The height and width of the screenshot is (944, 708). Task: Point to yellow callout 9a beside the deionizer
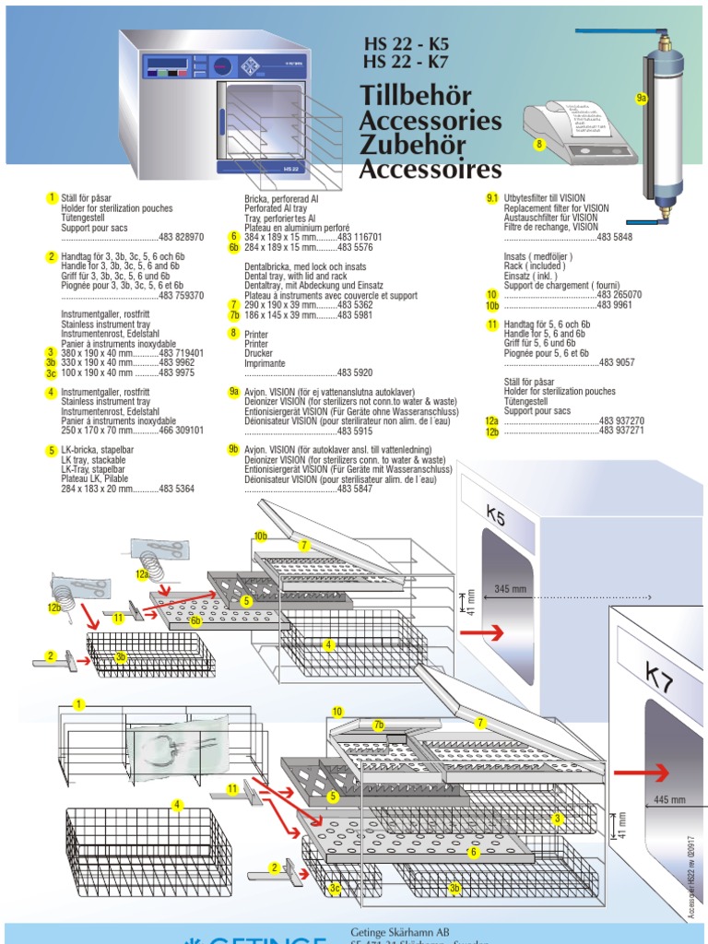(643, 97)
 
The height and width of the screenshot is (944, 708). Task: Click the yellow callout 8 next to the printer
(539, 144)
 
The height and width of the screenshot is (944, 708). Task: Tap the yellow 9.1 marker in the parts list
(491, 197)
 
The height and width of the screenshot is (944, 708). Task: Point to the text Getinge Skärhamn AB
(399, 930)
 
